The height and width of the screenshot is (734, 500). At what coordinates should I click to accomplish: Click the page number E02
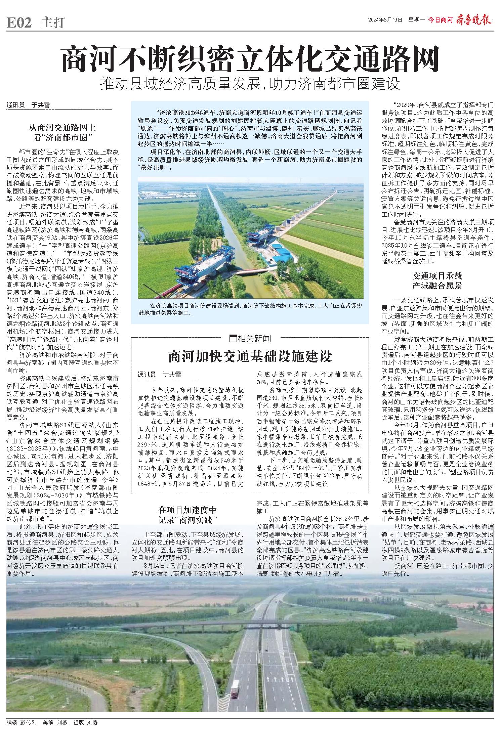point(19,23)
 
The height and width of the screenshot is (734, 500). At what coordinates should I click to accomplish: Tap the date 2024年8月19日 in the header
point(385,20)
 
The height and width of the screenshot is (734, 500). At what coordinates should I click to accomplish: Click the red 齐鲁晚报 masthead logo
point(473,20)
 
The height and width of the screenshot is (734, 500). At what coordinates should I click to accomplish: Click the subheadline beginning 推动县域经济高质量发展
point(250,84)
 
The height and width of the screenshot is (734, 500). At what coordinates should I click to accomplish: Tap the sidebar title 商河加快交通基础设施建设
point(250,356)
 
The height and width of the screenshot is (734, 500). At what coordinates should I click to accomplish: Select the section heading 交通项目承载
point(437,276)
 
